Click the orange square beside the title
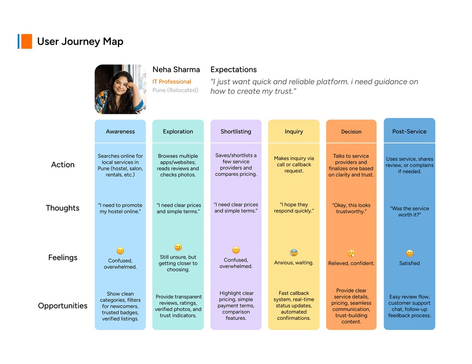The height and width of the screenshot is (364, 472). click(x=26, y=42)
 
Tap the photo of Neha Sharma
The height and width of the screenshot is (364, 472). click(x=120, y=89)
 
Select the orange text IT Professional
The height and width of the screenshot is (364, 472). click(x=171, y=82)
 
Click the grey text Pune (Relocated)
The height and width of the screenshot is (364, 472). click(x=175, y=90)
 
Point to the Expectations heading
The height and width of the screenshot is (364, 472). click(x=233, y=70)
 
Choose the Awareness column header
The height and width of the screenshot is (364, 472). click(x=120, y=131)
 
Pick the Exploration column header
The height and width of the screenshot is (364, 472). click(x=178, y=131)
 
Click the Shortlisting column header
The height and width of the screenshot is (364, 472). click(x=236, y=131)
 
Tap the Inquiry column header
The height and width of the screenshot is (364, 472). click(x=294, y=131)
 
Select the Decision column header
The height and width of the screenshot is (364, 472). click(x=351, y=132)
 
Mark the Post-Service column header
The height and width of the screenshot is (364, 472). click(x=409, y=131)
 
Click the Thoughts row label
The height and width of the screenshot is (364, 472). click(x=63, y=208)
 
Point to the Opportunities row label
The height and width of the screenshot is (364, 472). click(x=63, y=306)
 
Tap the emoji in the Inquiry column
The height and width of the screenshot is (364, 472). click(x=294, y=253)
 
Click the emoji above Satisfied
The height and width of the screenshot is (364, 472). click(x=409, y=253)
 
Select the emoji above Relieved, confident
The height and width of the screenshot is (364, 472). click(x=351, y=253)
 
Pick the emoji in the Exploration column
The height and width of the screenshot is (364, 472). click(x=178, y=247)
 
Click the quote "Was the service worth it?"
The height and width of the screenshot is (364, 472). click(x=409, y=211)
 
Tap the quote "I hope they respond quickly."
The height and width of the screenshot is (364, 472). click(x=294, y=208)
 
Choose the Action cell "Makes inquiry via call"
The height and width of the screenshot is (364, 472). click(x=294, y=165)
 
